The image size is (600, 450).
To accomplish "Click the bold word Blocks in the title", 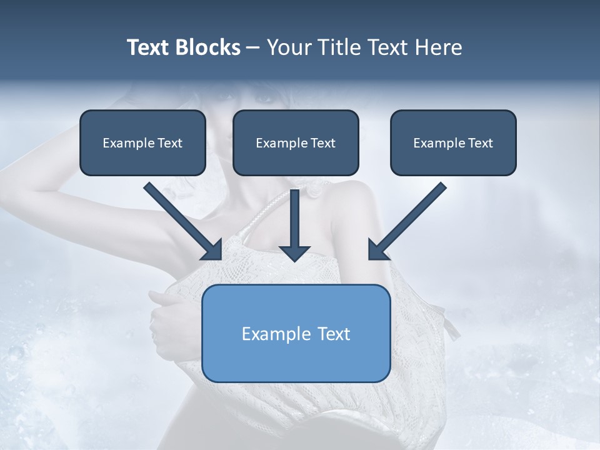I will [209, 47].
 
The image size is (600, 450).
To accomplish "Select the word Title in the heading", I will [341, 47].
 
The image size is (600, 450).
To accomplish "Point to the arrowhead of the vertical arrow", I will [294, 252].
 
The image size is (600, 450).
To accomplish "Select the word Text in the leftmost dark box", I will [169, 143].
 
